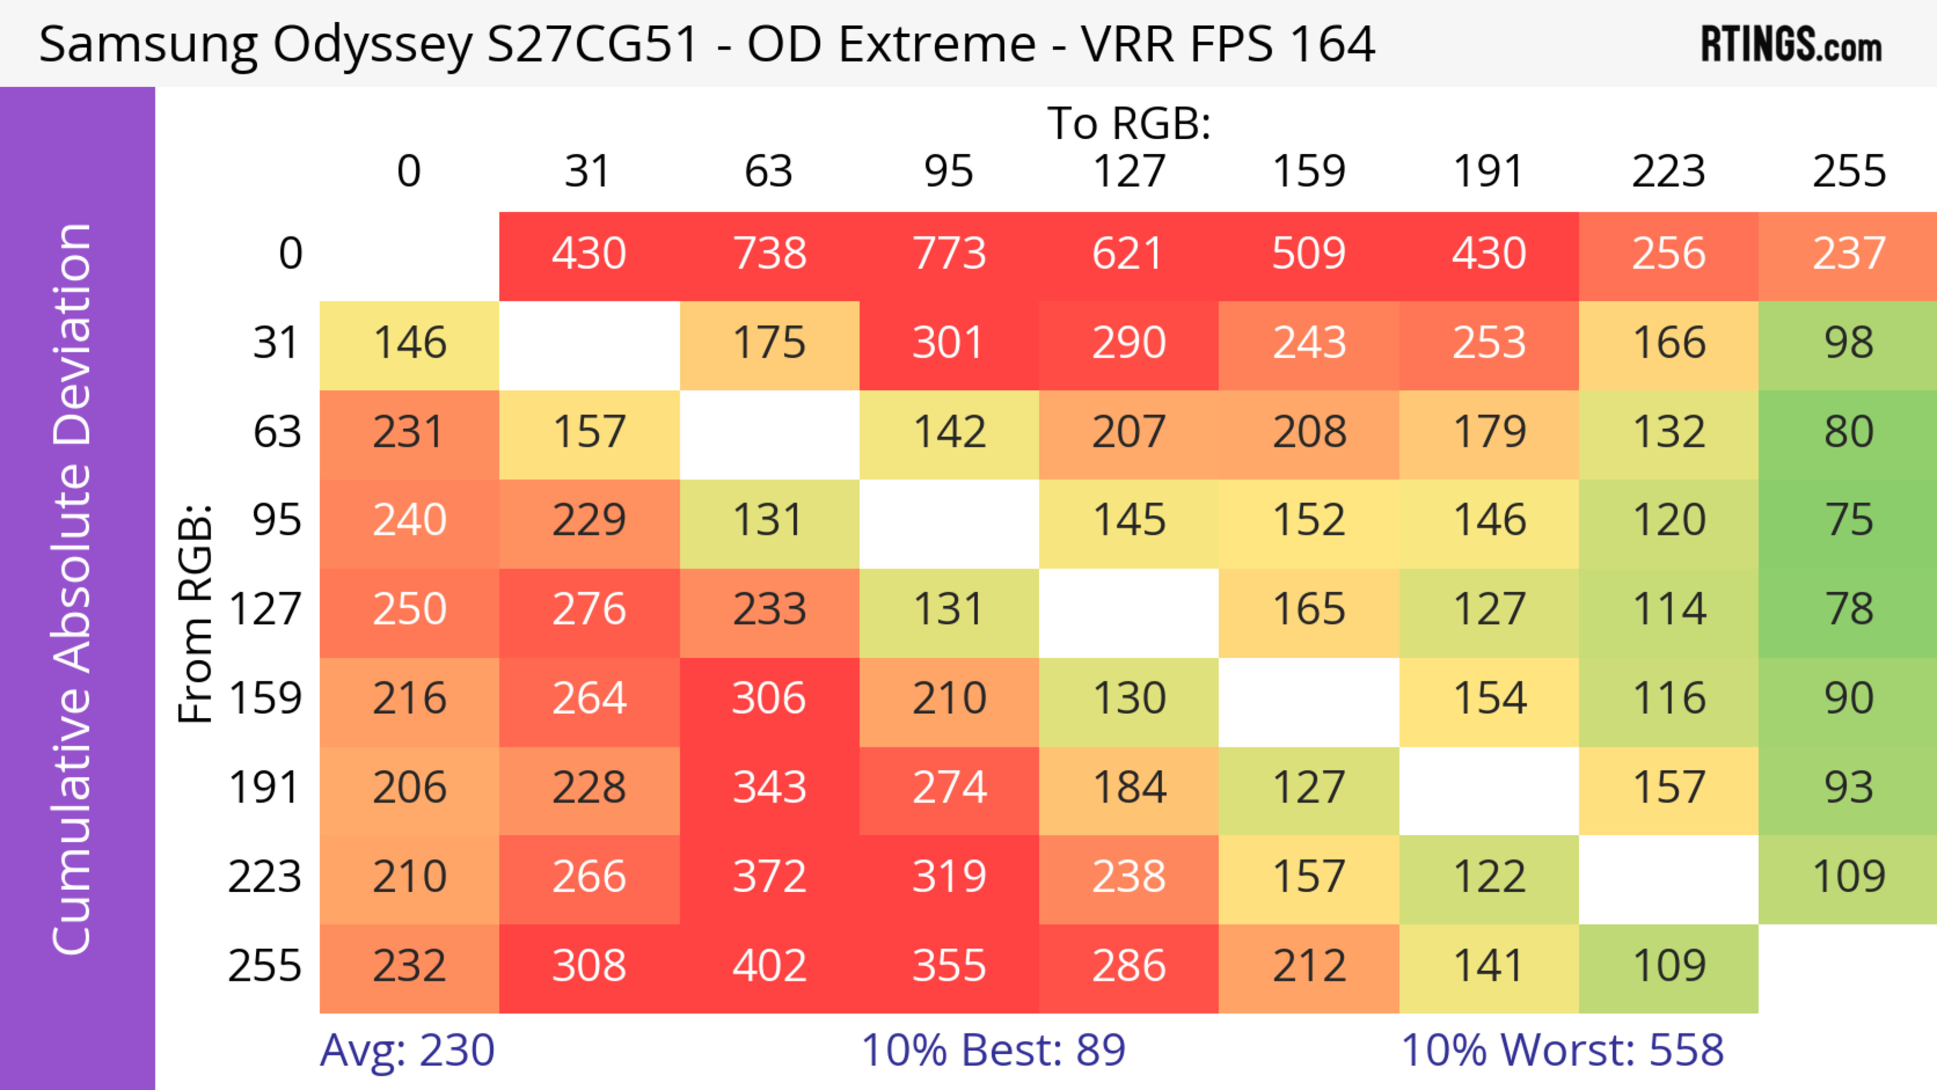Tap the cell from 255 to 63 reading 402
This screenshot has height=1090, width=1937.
[x=769, y=966]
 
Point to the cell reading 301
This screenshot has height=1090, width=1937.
[x=949, y=343]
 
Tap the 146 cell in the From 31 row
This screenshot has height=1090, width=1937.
[x=410, y=343]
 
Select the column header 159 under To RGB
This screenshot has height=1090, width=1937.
[x=1308, y=171]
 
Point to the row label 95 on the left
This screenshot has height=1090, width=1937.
[x=277, y=520]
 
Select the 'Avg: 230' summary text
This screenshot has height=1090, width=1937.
[x=407, y=1050]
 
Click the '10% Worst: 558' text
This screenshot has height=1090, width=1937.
[x=1562, y=1050]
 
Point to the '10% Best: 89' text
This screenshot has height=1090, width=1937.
[x=993, y=1050]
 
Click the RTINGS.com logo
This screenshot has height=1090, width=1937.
[x=1791, y=44]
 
